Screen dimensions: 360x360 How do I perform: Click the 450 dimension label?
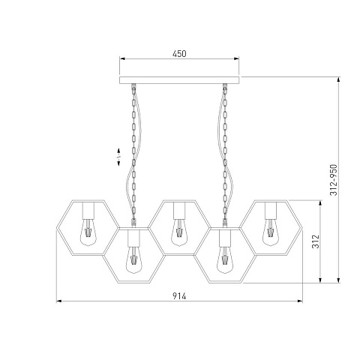click(x=179, y=54)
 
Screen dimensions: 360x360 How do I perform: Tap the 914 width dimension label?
click(x=179, y=296)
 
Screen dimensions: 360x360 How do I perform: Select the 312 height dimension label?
click(x=316, y=241)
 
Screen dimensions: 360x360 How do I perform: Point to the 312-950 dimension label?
click(x=334, y=180)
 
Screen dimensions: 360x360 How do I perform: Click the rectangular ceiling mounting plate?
click(x=179, y=80)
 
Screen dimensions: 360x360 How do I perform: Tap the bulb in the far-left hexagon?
click(x=88, y=232)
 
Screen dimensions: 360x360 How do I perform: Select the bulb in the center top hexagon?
click(x=179, y=232)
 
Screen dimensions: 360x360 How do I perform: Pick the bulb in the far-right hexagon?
click(x=271, y=232)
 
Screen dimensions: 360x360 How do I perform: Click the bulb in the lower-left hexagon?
click(x=133, y=259)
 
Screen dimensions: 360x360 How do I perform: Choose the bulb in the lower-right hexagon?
click(x=225, y=259)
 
